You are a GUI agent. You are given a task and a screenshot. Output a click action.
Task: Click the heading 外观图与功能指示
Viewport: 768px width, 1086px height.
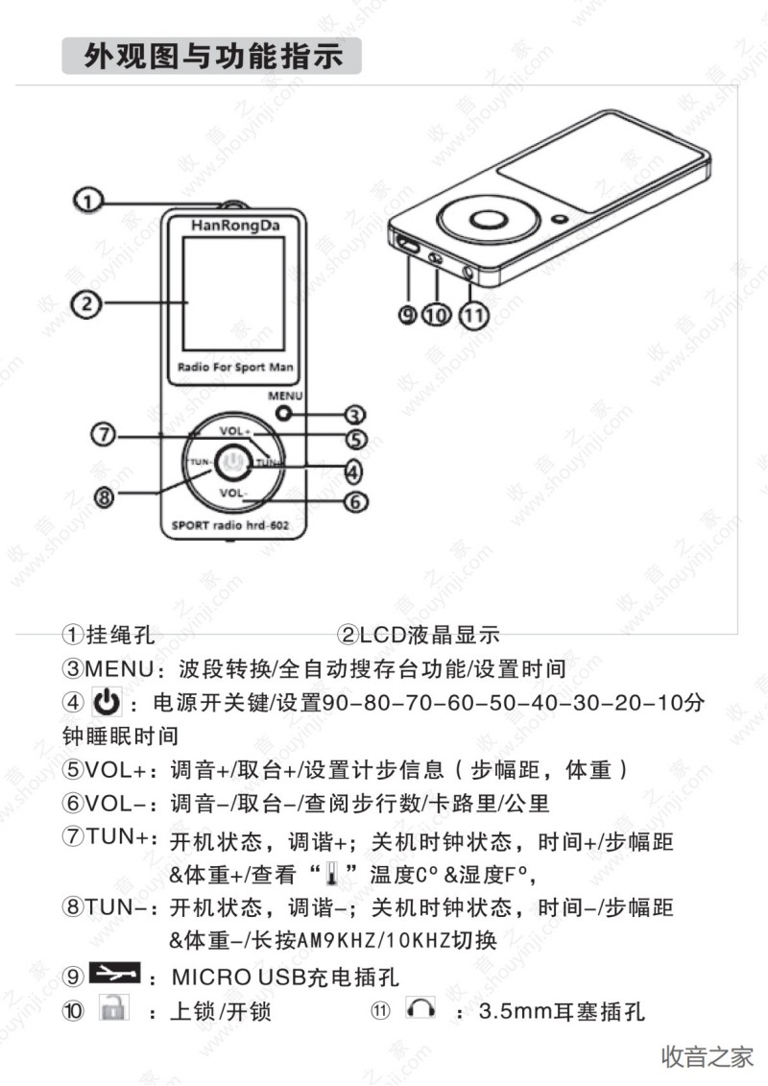pyautogui.click(x=212, y=56)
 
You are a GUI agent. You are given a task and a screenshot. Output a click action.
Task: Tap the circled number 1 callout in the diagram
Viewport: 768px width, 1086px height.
pyautogui.click(x=87, y=201)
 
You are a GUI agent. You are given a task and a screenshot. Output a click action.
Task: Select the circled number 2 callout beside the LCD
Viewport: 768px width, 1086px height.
pyautogui.click(x=86, y=303)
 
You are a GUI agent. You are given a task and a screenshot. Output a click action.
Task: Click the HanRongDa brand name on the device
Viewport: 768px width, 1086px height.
pyautogui.click(x=235, y=226)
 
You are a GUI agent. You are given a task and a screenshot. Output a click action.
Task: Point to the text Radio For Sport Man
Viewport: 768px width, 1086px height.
pyautogui.click(x=235, y=367)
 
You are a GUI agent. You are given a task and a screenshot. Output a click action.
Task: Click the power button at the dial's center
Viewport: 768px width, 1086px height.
pyautogui.click(x=232, y=463)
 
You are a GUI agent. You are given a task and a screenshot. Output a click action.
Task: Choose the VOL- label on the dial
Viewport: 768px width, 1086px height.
pyautogui.click(x=232, y=493)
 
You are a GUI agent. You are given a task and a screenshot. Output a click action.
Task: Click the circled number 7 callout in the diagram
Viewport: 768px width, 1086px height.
pyautogui.click(x=103, y=434)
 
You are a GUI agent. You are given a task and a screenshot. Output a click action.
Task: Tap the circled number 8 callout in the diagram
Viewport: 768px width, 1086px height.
pyautogui.click(x=104, y=495)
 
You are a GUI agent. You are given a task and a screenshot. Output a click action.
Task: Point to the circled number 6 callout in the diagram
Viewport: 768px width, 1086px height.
pyautogui.click(x=355, y=501)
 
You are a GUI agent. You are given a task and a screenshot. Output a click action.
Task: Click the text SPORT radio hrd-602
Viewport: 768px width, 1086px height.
pyautogui.click(x=229, y=525)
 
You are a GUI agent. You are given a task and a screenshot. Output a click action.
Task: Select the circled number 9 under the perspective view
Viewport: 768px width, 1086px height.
pyautogui.click(x=408, y=315)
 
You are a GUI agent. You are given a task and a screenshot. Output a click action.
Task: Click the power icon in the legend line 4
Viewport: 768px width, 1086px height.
pyautogui.click(x=107, y=702)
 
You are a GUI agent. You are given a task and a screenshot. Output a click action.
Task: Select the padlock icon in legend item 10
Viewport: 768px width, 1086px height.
pyautogui.click(x=113, y=1007)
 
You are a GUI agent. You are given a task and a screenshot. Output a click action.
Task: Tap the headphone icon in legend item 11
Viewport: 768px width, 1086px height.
pyautogui.click(x=421, y=1007)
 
